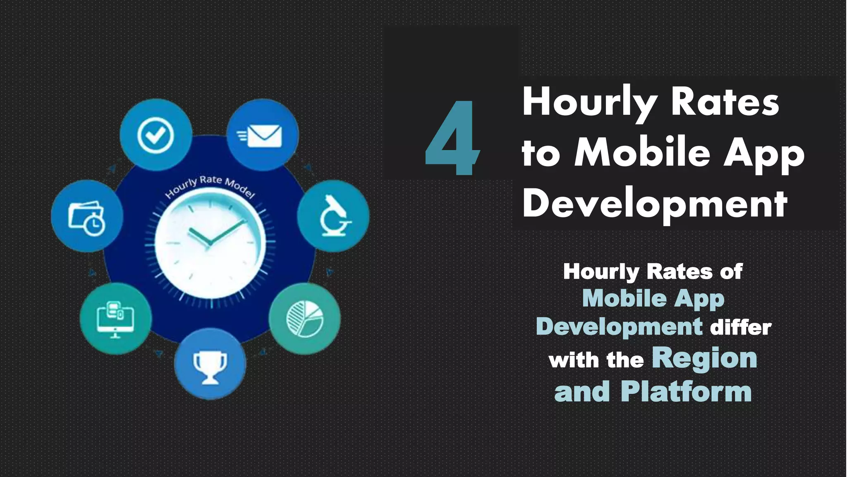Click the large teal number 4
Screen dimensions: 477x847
click(452, 139)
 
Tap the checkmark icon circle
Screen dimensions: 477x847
click(156, 135)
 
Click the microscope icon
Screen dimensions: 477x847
click(333, 216)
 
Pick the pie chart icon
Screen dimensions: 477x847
click(305, 318)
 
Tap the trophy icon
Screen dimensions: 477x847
click(210, 364)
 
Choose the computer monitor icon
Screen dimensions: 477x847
click(115, 318)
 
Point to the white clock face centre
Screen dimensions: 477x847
click(210, 242)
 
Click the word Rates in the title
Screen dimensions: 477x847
click(725, 103)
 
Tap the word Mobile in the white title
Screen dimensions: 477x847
click(642, 153)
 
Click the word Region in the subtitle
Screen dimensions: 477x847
click(704, 359)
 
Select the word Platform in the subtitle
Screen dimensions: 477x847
click(686, 392)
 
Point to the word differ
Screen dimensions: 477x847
click(741, 327)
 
